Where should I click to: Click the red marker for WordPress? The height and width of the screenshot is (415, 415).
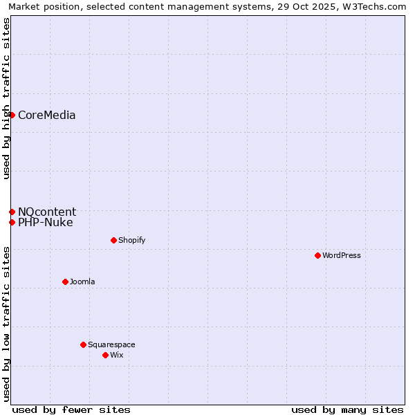pyautogui.click(x=317, y=255)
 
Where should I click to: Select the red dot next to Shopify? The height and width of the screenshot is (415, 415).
pyautogui.click(x=113, y=240)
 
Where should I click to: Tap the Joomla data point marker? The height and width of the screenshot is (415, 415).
pyautogui.click(x=65, y=282)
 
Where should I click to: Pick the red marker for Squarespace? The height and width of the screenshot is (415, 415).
pyautogui.click(x=83, y=344)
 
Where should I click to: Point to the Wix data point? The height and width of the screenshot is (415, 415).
pyautogui.click(x=105, y=355)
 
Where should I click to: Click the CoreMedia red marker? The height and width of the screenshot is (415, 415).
pyautogui.click(x=12, y=115)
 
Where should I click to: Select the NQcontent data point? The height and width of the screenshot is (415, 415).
pyautogui.click(x=12, y=212)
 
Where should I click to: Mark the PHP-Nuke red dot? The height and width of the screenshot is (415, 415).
pyautogui.click(x=12, y=222)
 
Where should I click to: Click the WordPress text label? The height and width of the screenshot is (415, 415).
pyautogui.click(x=342, y=255)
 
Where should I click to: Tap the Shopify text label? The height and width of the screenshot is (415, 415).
pyautogui.click(x=131, y=240)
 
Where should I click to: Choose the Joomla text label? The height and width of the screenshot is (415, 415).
pyautogui.click(x=82, y=282)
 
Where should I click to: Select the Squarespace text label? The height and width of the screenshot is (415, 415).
pyautogui.click(x=111, y=344)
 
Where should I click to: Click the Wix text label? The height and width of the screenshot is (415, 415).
pyautogui.click(x=116, y=355)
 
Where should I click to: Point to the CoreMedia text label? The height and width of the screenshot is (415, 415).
pyautogui.click(x=46, y=115)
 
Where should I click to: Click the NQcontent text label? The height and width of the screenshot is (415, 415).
pyautogui.click(x=47, y=212)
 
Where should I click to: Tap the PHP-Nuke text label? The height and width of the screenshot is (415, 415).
pyautogui.click(x=45, y=222)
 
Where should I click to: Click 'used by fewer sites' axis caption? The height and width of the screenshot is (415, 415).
pyautogui.click(x=71, y=409)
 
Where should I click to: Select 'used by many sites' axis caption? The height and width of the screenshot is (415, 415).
pyautogui.click(x=347, y=409)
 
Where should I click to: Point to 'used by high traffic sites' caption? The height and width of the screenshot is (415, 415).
pyautogui.click(x=6, y=98)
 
